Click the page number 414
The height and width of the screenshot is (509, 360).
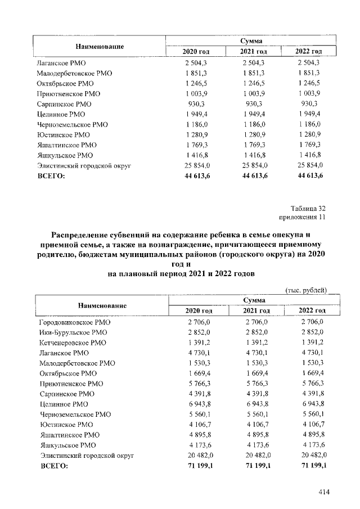[x=323, y=493]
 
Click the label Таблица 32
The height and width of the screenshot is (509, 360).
[x=309, y=208]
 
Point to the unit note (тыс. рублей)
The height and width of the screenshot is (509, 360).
[x=307, y=290]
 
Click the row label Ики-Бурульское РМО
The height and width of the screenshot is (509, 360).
[x=73, y=332]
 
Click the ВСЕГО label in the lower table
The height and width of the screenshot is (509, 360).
[x=52, y=466]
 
